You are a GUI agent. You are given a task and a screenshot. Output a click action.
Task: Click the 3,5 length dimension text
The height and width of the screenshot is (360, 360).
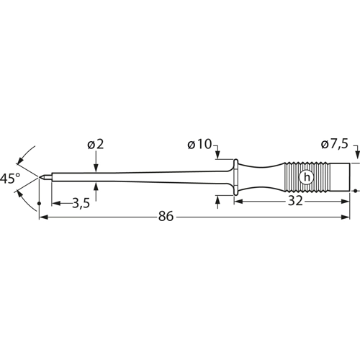tap(81, 204)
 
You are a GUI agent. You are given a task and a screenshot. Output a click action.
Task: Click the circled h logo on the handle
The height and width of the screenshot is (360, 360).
tap(307, 176)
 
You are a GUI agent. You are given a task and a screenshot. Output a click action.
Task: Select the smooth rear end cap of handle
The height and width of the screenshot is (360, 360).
tap(338, 176)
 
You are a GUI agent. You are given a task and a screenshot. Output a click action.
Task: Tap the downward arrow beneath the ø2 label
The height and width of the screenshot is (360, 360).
tap(96, 167)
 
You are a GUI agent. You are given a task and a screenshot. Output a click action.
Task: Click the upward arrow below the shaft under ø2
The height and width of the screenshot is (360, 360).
tap(96, 186)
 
